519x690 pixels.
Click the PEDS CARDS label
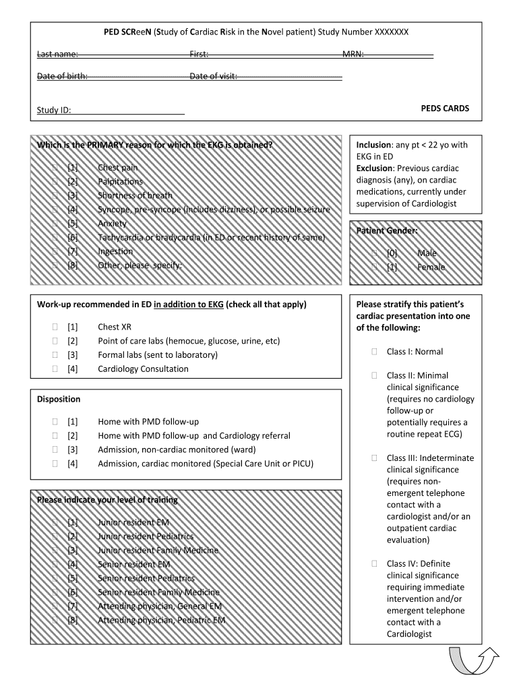(x=445, y=108)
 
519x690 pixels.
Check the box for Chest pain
(x=55, y=167)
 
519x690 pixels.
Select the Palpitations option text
(x=120, y=181)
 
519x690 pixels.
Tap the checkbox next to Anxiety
(x=55, y=223)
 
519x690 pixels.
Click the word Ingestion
(x=115, y=251)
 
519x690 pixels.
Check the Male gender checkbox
(x=374, y=253)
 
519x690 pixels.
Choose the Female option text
(x=431, y=267)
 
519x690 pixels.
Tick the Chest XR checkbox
(x=55, y=327)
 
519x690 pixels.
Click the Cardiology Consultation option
(x=143, y=369)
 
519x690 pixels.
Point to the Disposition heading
(x=59, y=399)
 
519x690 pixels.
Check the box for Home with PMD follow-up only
(x=55, y=422)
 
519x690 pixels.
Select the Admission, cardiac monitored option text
(x=206, y=464)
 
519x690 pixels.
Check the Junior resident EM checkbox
(x=55, y=522)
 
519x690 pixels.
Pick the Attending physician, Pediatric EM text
(x=161, y=620)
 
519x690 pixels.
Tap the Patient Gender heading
(x=387, y=230)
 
